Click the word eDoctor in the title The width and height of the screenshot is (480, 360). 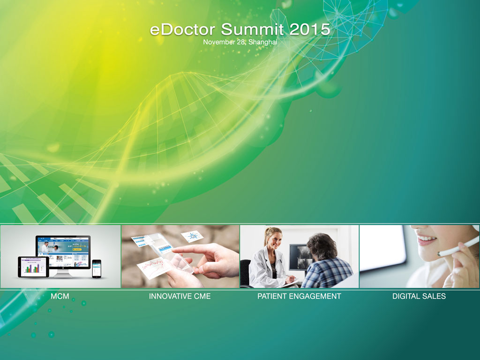point(182,30)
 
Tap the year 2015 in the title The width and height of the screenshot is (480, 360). point(309,30)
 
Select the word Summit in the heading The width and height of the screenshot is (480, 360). point(252,30)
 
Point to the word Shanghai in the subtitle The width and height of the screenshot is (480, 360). point(262,42)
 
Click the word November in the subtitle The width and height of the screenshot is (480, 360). point(218,42)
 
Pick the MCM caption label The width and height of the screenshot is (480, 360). point(60,296)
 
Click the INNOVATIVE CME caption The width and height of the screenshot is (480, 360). point(180,296)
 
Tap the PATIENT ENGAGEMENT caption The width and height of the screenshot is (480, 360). point(299,296)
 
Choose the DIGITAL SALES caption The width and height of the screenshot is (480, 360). point(419,296)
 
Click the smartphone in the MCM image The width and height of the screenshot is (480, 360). point(97,269)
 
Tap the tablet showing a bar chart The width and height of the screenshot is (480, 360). point(33,267)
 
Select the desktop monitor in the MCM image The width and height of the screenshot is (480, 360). point(63,254)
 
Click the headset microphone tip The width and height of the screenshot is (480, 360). point(440,254)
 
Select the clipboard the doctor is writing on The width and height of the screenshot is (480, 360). point(289,283)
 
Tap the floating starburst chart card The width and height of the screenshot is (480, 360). point(192,236)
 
